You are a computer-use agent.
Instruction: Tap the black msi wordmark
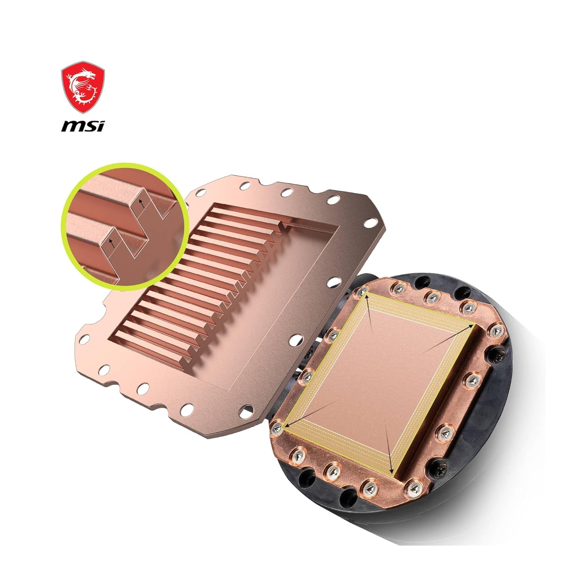[83, 126]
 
